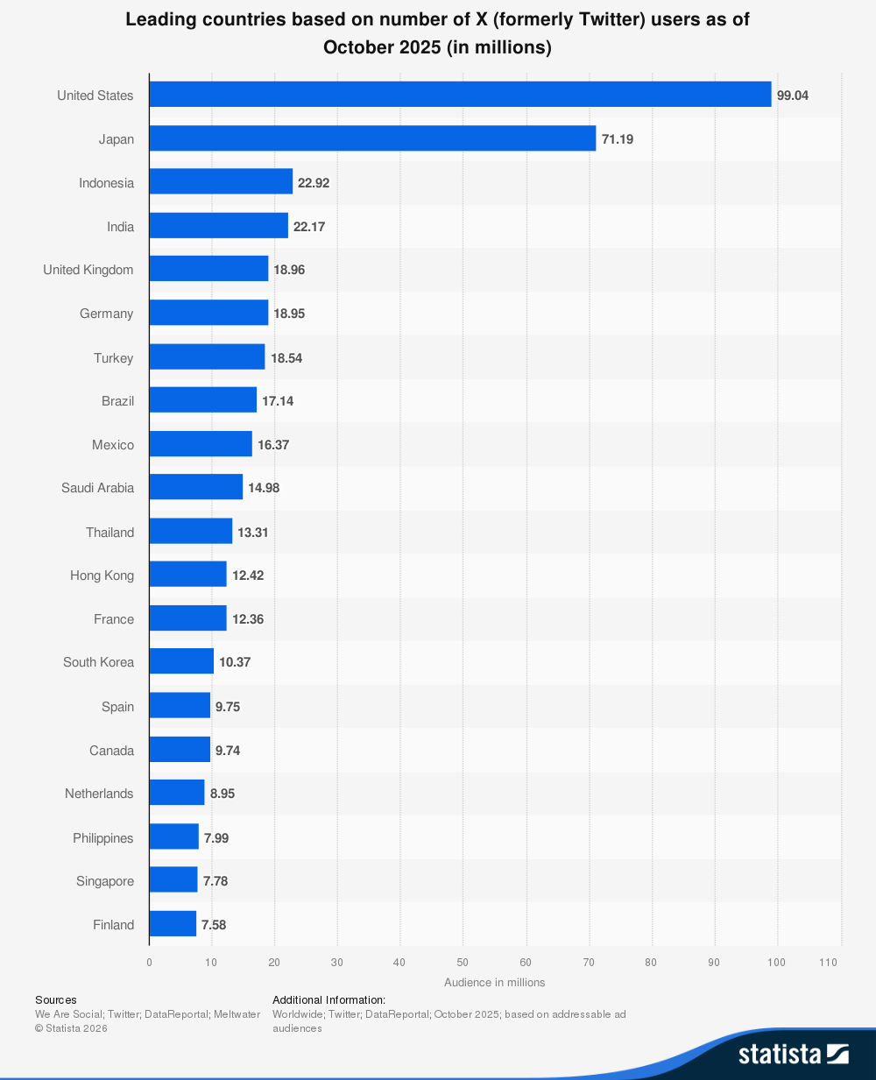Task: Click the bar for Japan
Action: click(372, 138)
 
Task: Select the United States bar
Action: click(460, 95)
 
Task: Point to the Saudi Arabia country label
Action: click(97, 488)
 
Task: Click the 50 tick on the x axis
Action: click(463, 963)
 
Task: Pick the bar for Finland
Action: click(173, 924)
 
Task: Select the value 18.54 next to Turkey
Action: click(286, 358)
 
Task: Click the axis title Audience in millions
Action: click(494, 983)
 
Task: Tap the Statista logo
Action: click(792, 1053)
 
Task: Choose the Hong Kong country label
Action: click(102, 575)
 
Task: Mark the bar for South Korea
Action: click(181, 662)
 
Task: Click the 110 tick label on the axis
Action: click(828, 963)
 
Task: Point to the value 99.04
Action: click(792, 95)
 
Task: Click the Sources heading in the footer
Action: click(56, 999)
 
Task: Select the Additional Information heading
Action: click(328, 999)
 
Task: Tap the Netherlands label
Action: click(99, 794)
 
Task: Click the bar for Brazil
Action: click(202, 401)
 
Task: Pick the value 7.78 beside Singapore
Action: click(215, 881)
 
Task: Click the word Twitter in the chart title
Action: click(611, 19)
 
